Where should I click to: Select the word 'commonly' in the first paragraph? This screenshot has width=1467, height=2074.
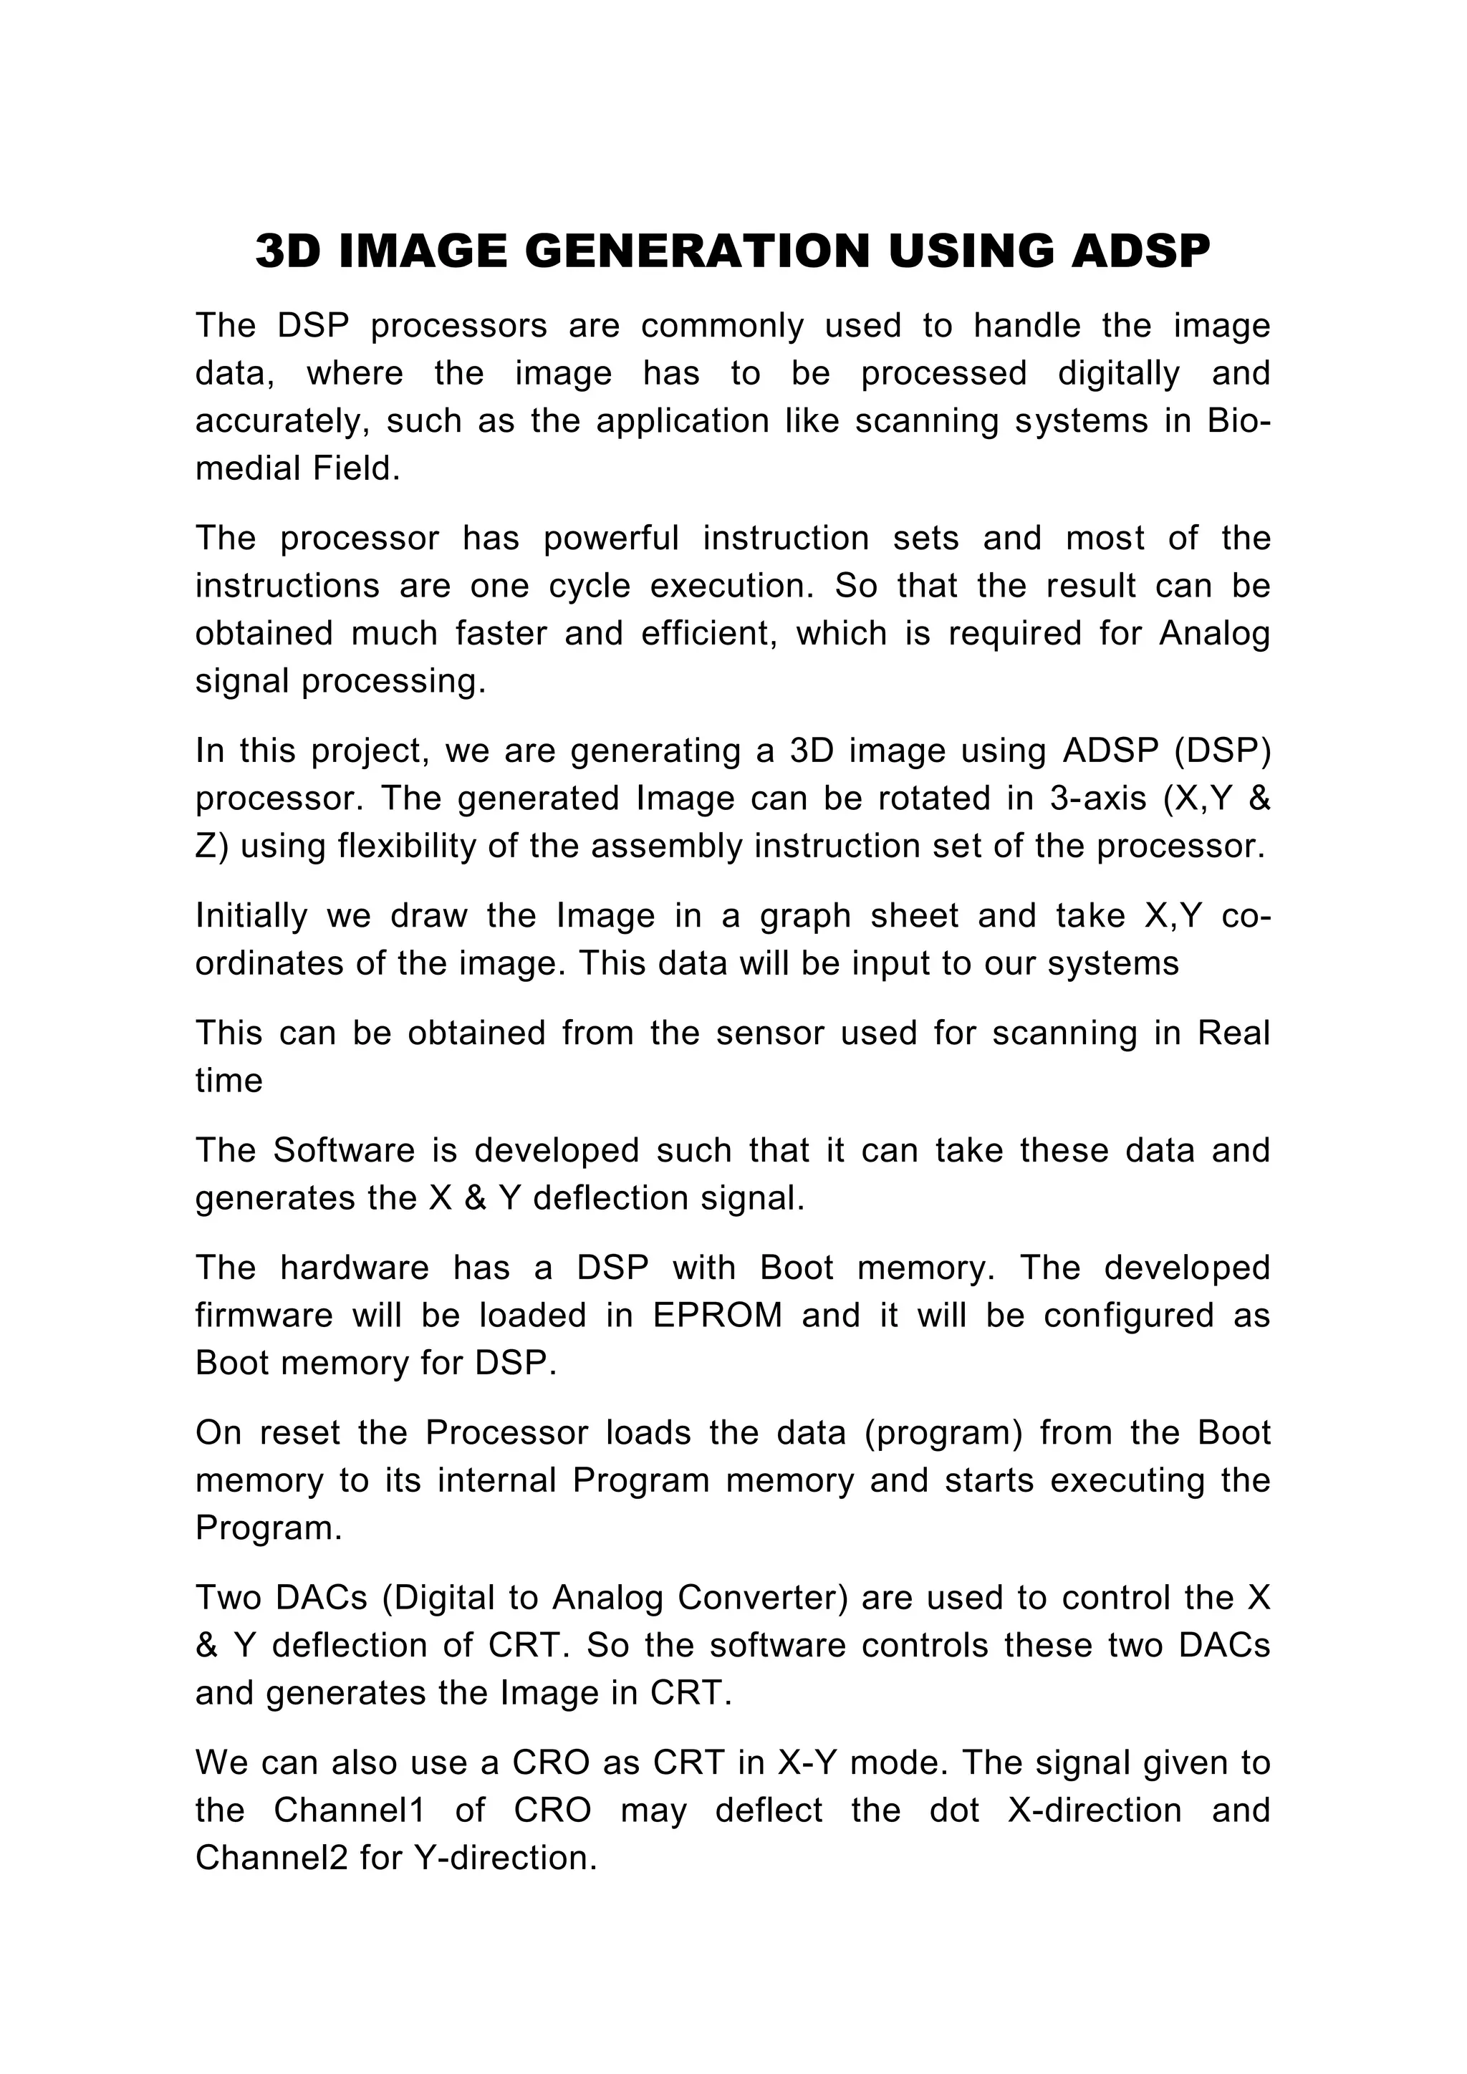tap(722, 325)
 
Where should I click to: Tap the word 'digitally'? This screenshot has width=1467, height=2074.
tap(1118, 373)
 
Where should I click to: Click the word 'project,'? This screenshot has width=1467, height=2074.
tap(363, 751)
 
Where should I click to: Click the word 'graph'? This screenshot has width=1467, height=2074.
tap(805, 916)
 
